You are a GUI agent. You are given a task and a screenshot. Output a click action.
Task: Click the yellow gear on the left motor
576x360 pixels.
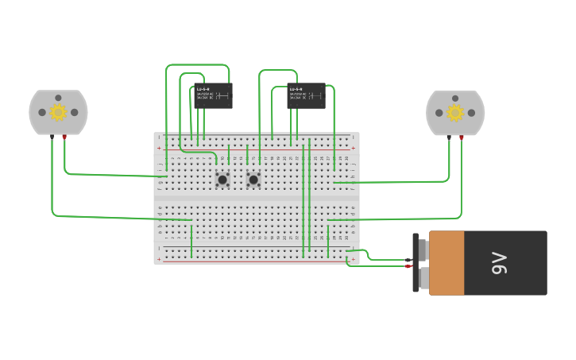point(58,112)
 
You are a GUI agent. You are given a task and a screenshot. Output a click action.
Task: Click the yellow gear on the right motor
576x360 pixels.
point(455,112)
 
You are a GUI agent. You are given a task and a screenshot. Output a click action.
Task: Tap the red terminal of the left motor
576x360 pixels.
point(64,137)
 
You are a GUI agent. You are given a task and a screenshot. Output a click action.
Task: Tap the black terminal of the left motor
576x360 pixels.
point(52,137)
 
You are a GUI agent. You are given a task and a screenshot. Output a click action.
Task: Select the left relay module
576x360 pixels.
point(213,95)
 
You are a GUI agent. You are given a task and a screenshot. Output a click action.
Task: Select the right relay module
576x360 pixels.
point(306,95)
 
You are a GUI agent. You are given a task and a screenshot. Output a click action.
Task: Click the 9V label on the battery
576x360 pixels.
point(499,263)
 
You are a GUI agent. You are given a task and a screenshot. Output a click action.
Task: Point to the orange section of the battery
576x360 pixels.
point(446,263)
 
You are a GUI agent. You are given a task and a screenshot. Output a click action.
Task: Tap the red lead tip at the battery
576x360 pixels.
point(408,266)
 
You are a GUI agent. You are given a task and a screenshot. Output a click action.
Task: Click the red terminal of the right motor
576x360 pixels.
point(462,137)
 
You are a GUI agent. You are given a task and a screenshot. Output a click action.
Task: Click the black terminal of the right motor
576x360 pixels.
point(449,137)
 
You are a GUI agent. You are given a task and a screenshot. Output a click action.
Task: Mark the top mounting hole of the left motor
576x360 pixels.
point(58,98)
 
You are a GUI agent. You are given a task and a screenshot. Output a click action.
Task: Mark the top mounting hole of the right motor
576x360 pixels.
point(455,98)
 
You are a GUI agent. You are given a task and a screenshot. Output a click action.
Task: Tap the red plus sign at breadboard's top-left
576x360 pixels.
point(159,148)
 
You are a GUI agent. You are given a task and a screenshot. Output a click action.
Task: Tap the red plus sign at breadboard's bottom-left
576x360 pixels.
point(159,259)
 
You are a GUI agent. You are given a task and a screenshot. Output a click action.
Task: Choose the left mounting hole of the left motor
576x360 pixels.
point(41,112)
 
